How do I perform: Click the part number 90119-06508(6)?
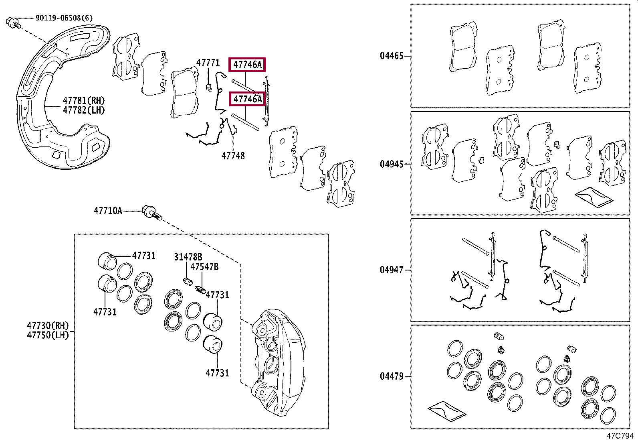(64, 18)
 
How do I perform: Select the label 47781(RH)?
(84, 101)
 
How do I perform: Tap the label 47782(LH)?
(84, 110)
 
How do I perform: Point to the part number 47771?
(208, 63)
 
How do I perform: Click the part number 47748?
(233, 156)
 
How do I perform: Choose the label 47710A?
(108, 211)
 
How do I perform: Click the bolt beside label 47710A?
(151, 212)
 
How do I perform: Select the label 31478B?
(188, 257)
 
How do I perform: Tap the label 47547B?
(204, 267)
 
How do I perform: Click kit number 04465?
(392, 56)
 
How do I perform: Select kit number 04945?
(392, 164)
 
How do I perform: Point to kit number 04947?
(392, 270)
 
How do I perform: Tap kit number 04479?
(392, 377)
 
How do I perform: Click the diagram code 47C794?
(620, 436)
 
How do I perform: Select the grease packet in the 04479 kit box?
(446, 411)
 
